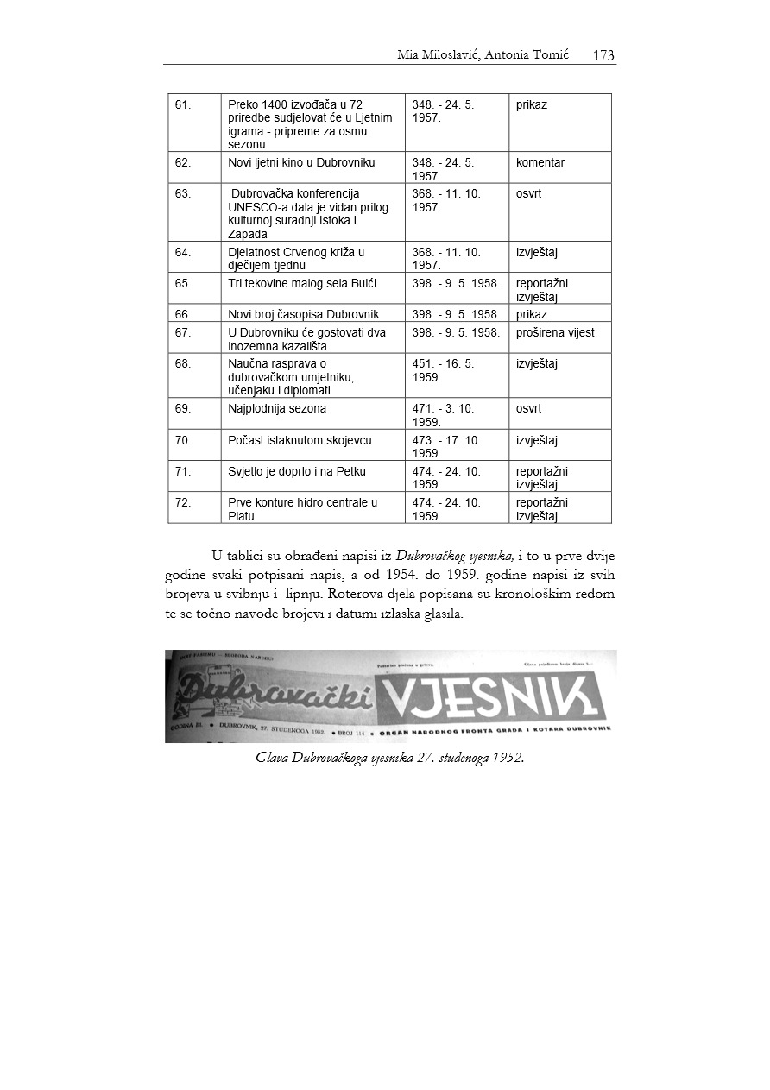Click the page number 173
(603, 55)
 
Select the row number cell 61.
(183, 105)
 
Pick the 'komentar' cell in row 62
(540, 162)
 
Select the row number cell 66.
(183, 314)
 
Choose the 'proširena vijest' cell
(555, 332)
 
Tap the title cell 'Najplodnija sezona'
(277, 409)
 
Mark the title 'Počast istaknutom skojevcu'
(300, 440)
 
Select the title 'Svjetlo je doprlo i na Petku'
(297, 471)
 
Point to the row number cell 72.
(183, 502)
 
